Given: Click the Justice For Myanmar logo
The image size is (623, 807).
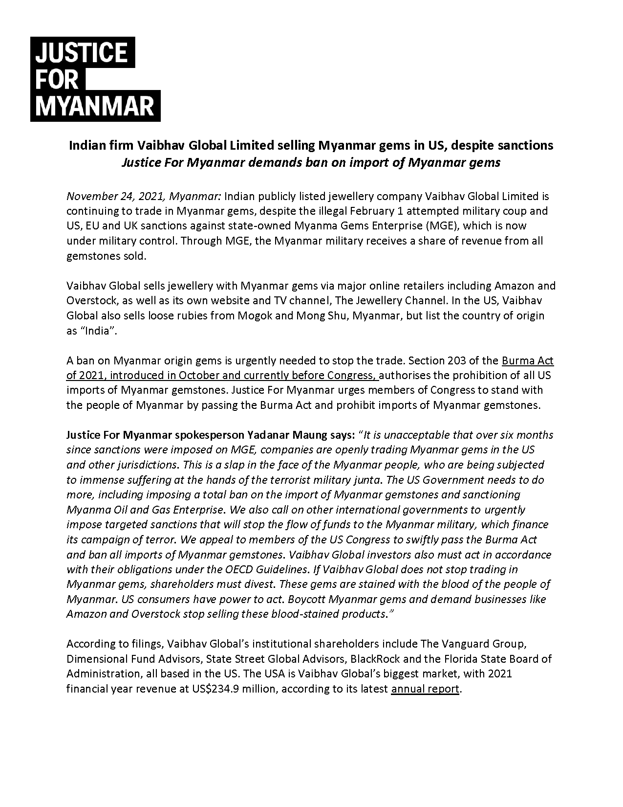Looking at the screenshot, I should coord(95,79).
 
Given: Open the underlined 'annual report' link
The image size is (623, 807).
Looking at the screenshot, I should coord(425,689).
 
